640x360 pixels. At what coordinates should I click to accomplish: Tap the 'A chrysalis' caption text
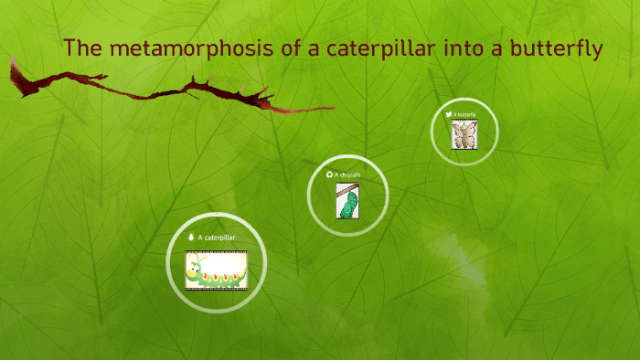(x=347, y=174)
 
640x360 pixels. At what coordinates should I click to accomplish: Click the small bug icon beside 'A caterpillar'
(x=190, y=238)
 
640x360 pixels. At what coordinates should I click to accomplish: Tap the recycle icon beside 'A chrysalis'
(x=329, y=174)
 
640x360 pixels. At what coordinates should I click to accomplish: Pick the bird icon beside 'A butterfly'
(x=449, y=114)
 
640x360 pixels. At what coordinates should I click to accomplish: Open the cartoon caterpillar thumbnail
(x=216, y=269)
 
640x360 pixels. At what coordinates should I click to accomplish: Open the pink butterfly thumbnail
(x=464, y=134)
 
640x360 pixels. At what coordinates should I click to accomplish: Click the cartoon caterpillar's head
(x=197, y=268)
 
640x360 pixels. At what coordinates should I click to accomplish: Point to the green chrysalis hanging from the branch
(x=347, y=205)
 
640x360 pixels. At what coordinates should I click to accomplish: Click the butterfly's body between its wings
(x=464, y=134)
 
